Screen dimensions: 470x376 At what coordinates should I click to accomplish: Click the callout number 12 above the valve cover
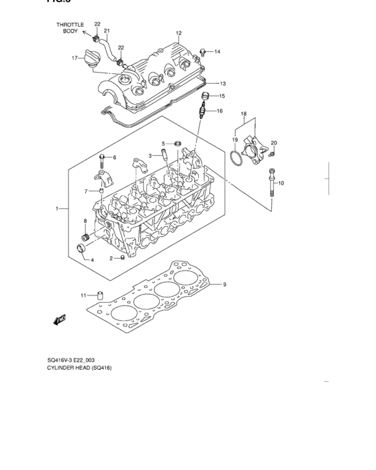click(179, 33)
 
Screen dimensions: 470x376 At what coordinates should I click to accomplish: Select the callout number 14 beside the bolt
click(217, 51)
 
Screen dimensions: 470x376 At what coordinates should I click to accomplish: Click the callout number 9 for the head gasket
click(224, 285)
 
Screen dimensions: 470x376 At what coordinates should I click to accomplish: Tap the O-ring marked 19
click(233, 159)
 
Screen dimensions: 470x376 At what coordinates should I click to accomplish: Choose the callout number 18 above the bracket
click(244, 114)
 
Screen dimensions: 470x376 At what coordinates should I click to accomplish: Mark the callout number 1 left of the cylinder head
click(57, 209)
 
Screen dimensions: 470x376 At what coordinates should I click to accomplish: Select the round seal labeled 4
click(83, 251)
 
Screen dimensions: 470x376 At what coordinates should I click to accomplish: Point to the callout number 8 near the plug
click(85, 221)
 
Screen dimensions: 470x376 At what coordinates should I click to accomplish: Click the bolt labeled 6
click(101, 159)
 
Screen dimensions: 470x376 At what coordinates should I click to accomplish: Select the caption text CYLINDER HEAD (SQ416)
click(79, 369)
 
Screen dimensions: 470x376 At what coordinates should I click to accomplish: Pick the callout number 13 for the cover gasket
click(222, 84)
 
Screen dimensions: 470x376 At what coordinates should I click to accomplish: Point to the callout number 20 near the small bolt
click(273, 143)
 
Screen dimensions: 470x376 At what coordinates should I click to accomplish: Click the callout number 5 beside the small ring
click(162, 143)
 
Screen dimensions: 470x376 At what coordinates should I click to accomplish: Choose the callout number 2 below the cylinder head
click(111, 258)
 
